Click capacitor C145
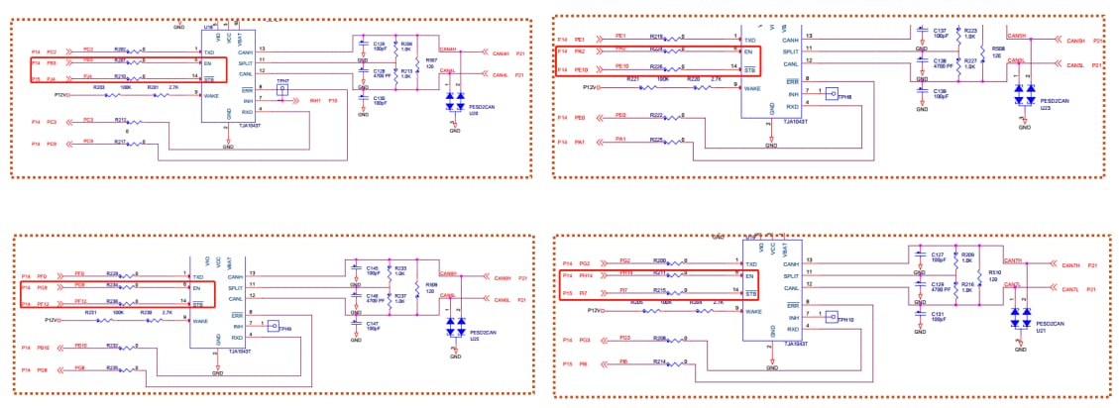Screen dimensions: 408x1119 coord(360,269)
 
